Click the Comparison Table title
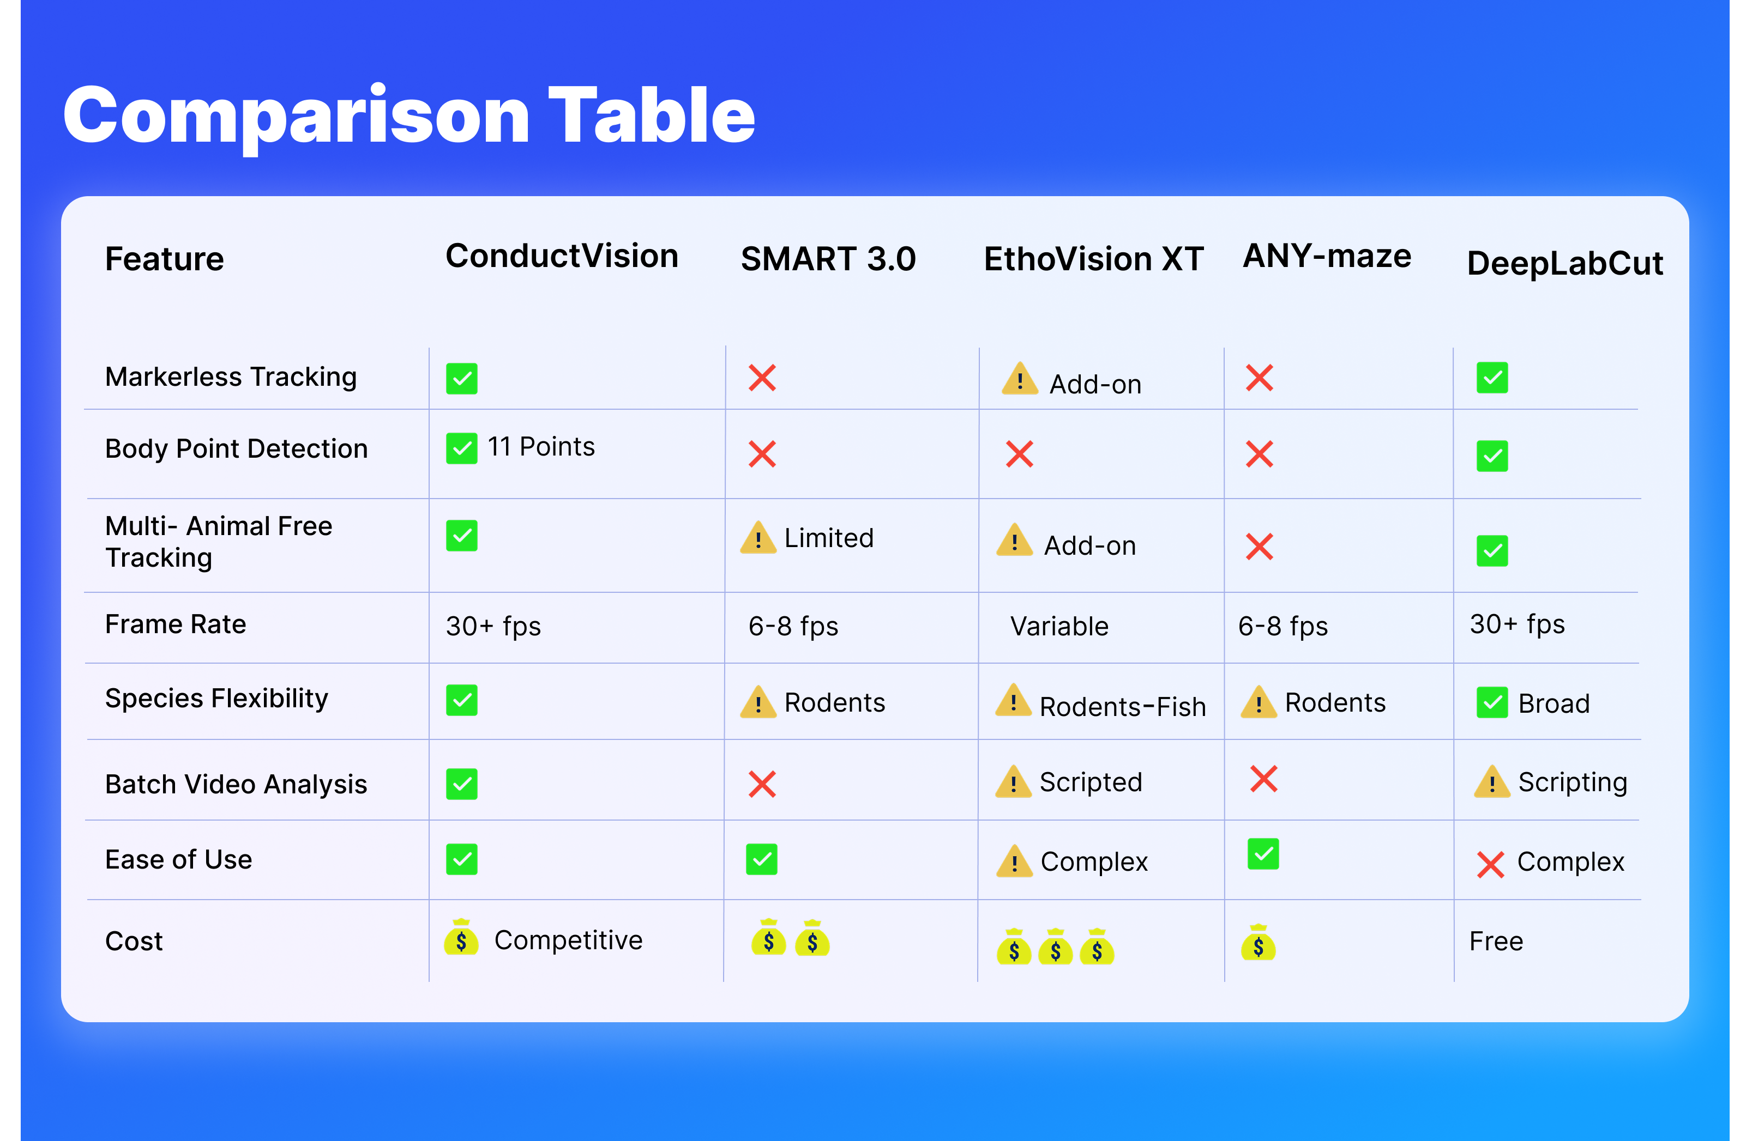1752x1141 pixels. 410,116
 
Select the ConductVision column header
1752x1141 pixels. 562,256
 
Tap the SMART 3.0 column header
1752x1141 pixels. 828,259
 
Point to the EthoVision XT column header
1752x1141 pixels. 1094,259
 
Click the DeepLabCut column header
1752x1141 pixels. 1564,263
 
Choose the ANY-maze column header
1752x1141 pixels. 1327,256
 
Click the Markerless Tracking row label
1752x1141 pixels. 231,377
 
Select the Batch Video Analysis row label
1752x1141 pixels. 236,784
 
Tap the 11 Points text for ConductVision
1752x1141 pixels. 541,447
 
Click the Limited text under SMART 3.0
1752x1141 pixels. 829,538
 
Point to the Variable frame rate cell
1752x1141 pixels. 1058,626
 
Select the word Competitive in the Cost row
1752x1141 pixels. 568,939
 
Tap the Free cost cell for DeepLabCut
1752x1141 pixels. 1496,941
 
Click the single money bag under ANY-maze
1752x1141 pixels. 1258,942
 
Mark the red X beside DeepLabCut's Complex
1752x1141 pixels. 1491,864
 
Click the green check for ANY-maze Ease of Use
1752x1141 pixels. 1263,854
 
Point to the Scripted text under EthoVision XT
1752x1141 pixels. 1090,782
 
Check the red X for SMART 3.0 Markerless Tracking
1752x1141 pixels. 762,378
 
